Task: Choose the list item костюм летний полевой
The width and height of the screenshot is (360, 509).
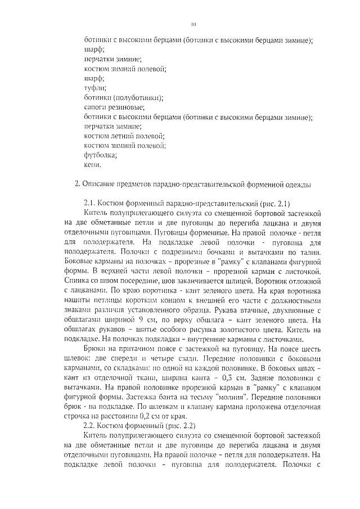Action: (x=124, y=137)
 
